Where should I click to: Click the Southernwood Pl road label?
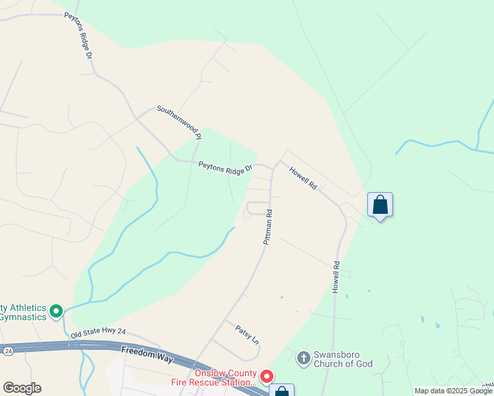pyautogui.click(x=178, y=122)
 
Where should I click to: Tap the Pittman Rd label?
pyautogui.click(x=269, y=228)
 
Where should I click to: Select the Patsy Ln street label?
pyautogui.click(x=247, y=332)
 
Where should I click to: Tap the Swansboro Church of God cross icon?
pyautogui.click(x=303, y=358)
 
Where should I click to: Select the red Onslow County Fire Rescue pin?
pyautogui.click(x=267, y=376)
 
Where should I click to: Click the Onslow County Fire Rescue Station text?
pyautogui.click(x=225, y=378)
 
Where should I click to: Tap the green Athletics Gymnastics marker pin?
pyautogui.click(x=56, y=310)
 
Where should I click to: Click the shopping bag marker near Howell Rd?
pyautogui.click(x=380, y=205)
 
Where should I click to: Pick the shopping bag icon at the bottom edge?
pyautogui.click(x=281, y=391)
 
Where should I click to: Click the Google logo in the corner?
pyautogui.click(x=22, y=388)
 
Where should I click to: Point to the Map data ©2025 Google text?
pyautogui.click(x=453, y=391)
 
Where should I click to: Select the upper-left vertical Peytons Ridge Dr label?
pyautogui.click(x=77, y=36)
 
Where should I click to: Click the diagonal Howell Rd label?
pyautogui.click(x=303, y=178)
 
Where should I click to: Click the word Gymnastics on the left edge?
pyautogui.click(x=24, y=317)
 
